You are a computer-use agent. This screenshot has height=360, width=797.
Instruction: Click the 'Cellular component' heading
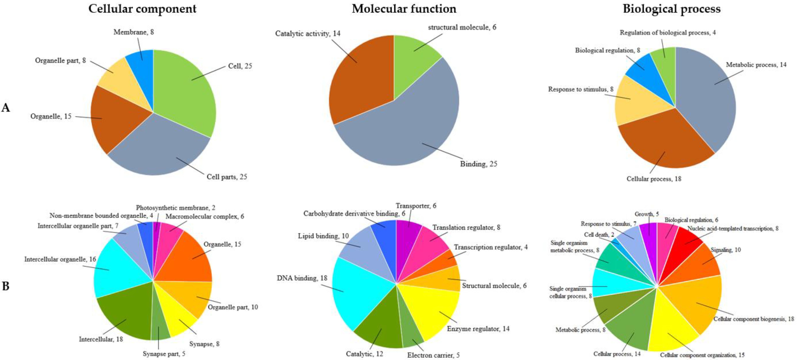tap(142, 9)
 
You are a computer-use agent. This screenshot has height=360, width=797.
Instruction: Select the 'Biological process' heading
tap(671, 9)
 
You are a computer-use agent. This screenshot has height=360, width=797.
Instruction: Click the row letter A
tap(6, 108)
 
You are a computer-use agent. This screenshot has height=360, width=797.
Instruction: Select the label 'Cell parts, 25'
tap(227, 177)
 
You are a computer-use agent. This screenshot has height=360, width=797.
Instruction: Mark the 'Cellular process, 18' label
tap(654, 179)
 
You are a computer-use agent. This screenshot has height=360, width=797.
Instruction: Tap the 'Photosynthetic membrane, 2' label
tap(175, 208)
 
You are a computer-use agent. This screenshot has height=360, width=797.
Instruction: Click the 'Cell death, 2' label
tap(599, 235)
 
